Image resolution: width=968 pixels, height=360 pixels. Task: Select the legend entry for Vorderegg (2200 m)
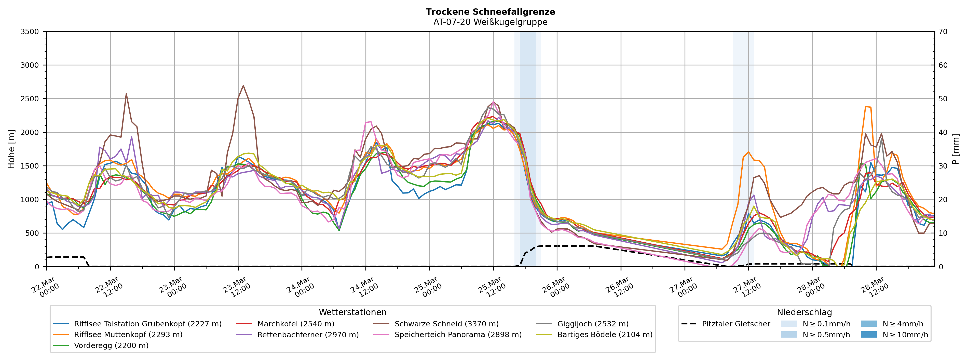111,345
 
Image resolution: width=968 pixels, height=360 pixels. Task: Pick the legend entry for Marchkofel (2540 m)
295,324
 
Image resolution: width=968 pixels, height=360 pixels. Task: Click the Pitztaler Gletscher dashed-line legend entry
735,324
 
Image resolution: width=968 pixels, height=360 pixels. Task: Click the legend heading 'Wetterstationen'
352,312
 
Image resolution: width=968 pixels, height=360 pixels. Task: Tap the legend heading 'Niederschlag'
804,312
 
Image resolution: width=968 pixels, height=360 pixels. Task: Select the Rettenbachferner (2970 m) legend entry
308,335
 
